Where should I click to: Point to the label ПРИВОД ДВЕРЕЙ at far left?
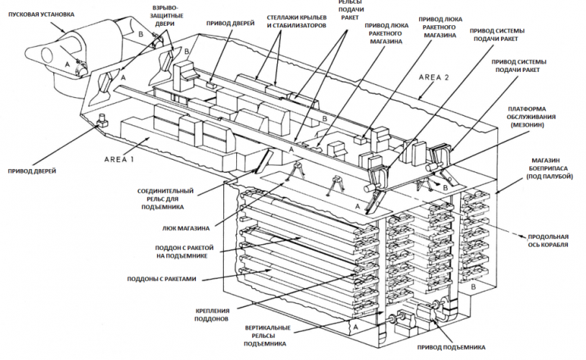tap(32, 171)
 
